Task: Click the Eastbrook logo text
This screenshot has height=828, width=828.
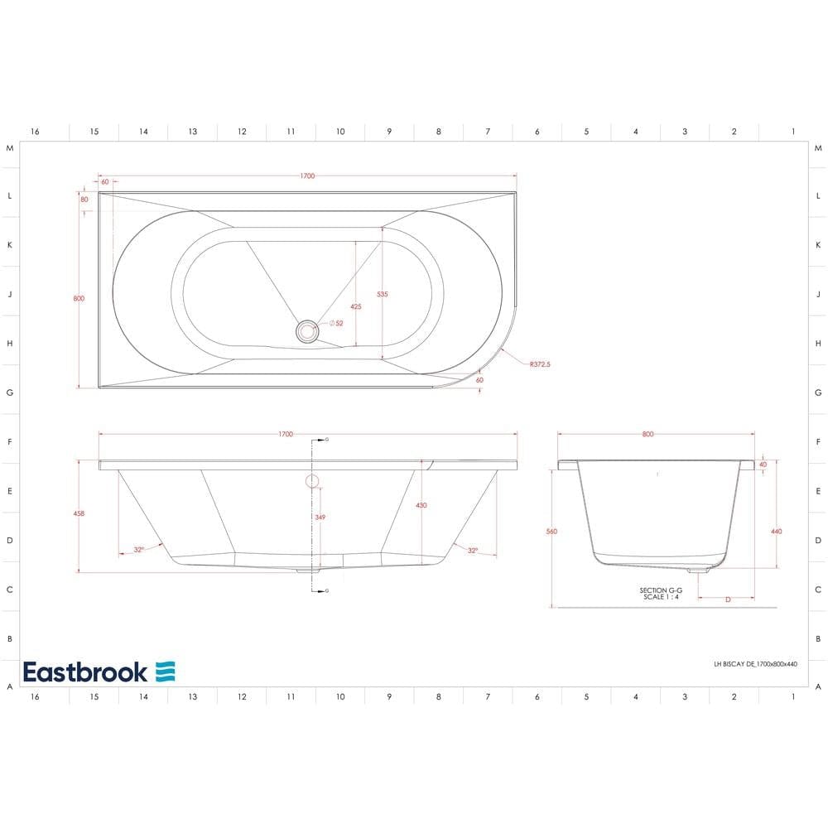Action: coord(85,672)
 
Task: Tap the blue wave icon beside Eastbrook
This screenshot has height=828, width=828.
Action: coord(166,672)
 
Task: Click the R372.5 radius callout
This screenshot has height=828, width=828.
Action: coord(538,363)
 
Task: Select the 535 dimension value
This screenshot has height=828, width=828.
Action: coord(382,294)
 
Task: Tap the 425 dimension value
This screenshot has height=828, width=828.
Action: coord(355,306)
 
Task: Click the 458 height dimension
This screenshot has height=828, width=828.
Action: coord(79,513)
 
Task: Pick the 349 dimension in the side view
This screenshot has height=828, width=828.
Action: coord(320,517)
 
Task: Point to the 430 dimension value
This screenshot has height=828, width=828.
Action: coord(421,505)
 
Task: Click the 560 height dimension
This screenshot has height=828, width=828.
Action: coord(551,531)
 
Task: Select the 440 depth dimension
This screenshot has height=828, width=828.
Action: coord(776,531)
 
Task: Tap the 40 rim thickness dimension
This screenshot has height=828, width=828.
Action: coord(763,465)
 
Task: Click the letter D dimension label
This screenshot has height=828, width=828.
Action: coord(727,599)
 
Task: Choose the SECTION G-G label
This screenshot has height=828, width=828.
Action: coord(659,590)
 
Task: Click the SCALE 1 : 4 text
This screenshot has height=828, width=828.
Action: coord(659,597)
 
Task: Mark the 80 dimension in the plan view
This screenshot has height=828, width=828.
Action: coord(84,200)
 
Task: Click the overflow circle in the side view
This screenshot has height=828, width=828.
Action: coord(312,480)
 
